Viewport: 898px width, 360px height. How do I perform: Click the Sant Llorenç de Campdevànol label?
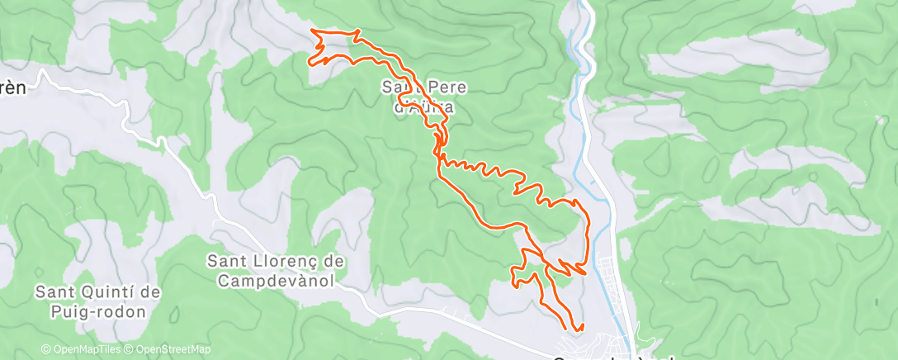[276, 271]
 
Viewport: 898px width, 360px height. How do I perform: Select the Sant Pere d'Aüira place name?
[418, 96]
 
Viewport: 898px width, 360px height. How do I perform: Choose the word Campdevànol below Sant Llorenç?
[276, 281]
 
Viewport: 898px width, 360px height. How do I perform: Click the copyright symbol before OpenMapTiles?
[46, 349]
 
